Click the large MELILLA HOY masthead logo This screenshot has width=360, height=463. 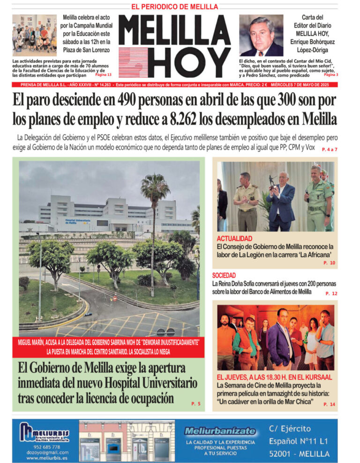click(x=174, y=46)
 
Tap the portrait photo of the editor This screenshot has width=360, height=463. click(x=261, y=35)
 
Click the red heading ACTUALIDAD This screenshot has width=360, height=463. click(x=234, y=239)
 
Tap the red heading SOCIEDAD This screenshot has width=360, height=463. click(x=224, y=276)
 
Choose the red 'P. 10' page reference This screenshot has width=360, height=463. click(x=329, y=263)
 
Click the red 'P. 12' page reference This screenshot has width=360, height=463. click(x=331, y=293)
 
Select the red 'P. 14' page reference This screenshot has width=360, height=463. click(x=329, y=404)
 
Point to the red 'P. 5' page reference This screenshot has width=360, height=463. click(x=196, y=403)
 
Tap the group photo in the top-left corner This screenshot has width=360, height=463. click(x=34, y=35)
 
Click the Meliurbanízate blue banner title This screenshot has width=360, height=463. click(x=220, y=431)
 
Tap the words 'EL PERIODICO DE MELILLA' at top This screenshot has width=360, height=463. click(x=174, y=7)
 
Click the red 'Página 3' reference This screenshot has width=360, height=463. click(x=331, y=75)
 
